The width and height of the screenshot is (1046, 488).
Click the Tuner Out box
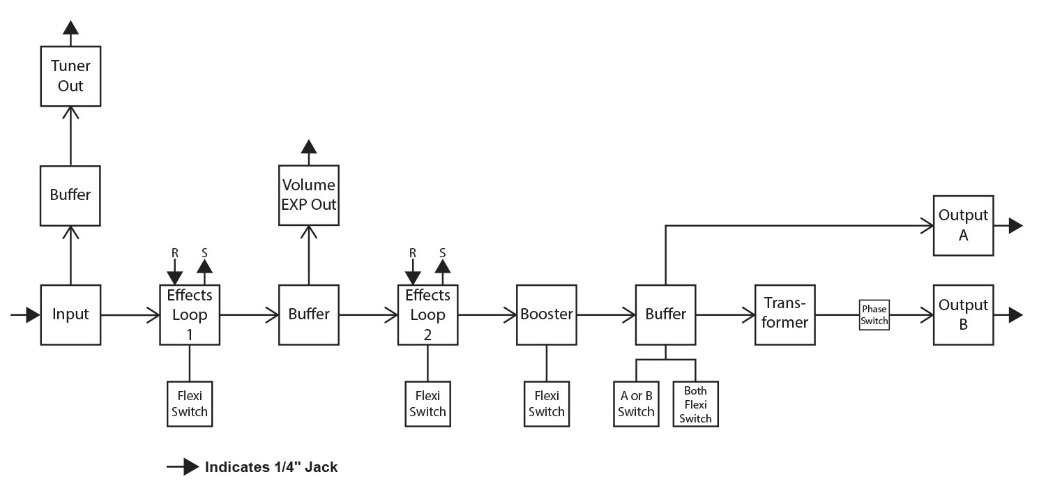pos(70,77)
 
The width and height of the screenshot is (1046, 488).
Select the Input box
pos(70,314)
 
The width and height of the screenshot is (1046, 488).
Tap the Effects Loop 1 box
pos(190,314)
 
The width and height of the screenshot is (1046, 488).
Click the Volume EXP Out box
pos(309,195)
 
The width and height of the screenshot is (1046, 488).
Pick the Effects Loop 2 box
pos(427,314)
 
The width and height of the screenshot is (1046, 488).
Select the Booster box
pos(547,314)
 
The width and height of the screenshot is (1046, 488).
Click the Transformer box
pos(785,314)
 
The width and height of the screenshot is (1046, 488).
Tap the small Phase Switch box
pos(874,315)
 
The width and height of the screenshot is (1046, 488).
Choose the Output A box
pos(964,225)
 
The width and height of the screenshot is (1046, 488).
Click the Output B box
pos(964,314)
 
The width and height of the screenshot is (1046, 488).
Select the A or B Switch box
pos(636,404)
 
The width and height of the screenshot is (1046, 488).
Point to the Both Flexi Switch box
pos(695,404)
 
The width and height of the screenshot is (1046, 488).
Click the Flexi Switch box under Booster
pos(547,404)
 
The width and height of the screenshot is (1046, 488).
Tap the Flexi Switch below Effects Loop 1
pos(190,404)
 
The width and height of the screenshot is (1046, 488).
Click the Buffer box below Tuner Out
pos(70,195)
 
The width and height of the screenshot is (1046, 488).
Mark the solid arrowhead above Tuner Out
pos(70,27)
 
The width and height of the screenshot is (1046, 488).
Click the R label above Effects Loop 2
pos(413,252)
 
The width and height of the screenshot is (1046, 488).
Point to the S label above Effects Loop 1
pos(205,252)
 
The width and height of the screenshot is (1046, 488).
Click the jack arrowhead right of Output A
pos(1015,225)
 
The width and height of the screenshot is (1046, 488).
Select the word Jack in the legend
pos(321,467)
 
